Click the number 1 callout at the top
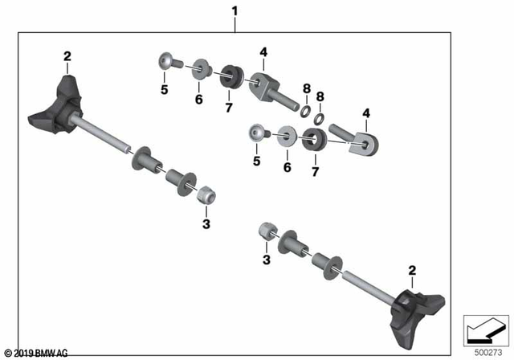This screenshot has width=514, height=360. (235, 11)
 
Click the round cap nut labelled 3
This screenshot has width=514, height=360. (267, 231)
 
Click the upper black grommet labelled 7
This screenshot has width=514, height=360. (231, 76)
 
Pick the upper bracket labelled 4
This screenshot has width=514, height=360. (262, 84)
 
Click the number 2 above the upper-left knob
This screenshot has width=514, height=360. (67, 55)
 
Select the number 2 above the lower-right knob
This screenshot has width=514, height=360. (412, 272)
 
